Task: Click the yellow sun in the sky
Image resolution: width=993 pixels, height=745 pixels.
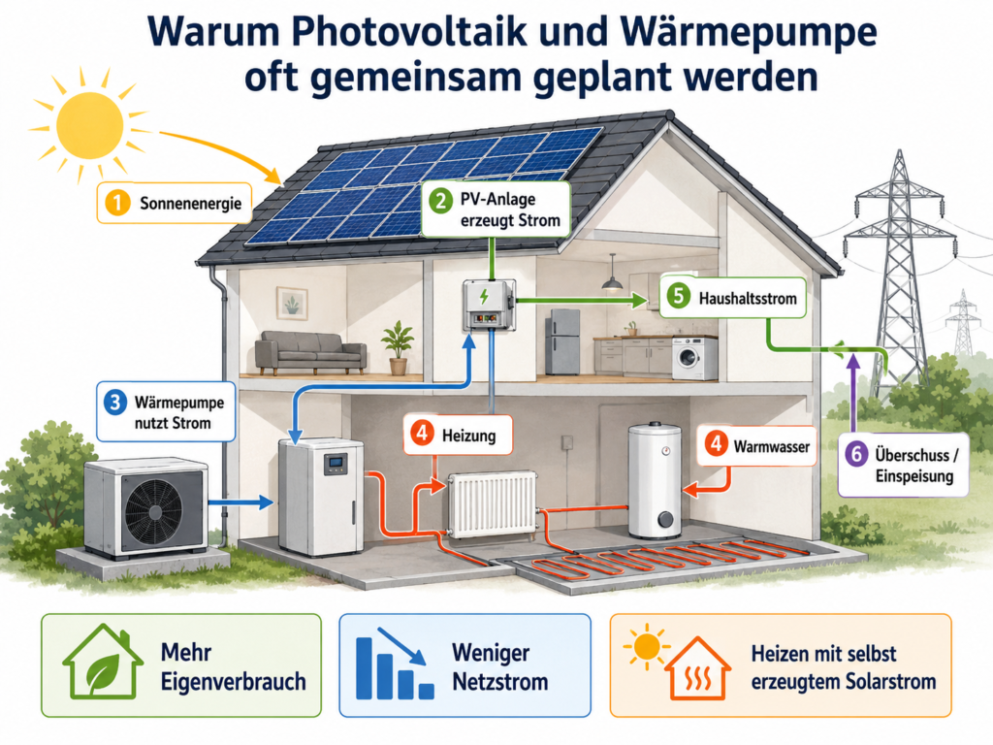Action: coord(89,125)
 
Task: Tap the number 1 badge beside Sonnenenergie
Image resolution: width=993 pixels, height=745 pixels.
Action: coord(117,203)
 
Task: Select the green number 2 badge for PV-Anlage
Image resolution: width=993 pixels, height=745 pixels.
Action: coord(440,202)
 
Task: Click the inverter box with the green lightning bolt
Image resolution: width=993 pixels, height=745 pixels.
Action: coord(489,305)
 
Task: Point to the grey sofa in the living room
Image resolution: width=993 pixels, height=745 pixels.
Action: coord(310,352)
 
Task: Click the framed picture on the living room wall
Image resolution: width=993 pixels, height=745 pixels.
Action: coord(292,303)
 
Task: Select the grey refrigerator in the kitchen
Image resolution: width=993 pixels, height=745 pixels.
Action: coord(562,341)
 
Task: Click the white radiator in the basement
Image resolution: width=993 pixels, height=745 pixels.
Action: coord(493,504)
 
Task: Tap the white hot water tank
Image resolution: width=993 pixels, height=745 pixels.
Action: coord(655,480)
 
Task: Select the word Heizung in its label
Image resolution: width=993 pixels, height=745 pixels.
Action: coord(468,436)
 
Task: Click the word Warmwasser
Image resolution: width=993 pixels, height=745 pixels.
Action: coord(771,446)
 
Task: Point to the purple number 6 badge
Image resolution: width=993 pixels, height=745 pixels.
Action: coord(856,454)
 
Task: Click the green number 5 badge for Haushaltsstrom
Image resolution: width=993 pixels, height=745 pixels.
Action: coord(678,297)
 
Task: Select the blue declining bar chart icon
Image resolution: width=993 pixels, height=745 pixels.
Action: coord(395,664)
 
